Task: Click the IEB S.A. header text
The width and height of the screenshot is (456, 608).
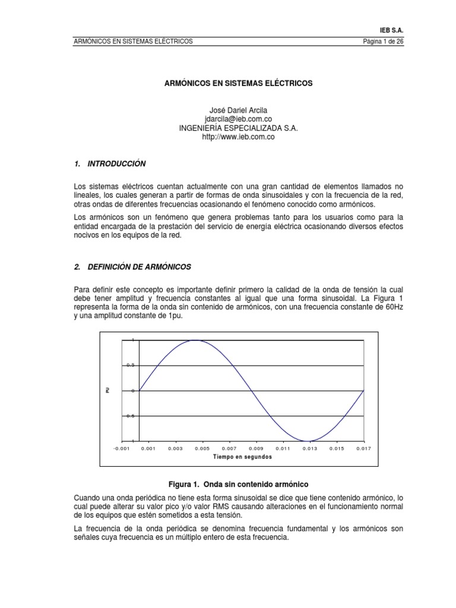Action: tap(391, 30)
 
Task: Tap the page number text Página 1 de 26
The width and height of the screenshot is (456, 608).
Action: tap(377, 41)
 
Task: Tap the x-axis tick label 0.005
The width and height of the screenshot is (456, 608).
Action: tap(202, 449)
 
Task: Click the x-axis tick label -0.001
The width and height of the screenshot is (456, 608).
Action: tap(121, 449)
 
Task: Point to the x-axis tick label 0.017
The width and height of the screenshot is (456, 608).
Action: tap(363, 449)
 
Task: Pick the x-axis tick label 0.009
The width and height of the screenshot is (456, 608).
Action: tap(256, 449)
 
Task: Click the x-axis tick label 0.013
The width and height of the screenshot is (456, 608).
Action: tap(309, 449)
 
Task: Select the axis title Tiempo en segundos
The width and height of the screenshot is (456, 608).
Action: tap(242, 457)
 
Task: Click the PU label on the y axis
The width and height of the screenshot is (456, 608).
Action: tap(107, 391)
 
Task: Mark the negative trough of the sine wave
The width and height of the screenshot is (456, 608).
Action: tap(308, 441)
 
